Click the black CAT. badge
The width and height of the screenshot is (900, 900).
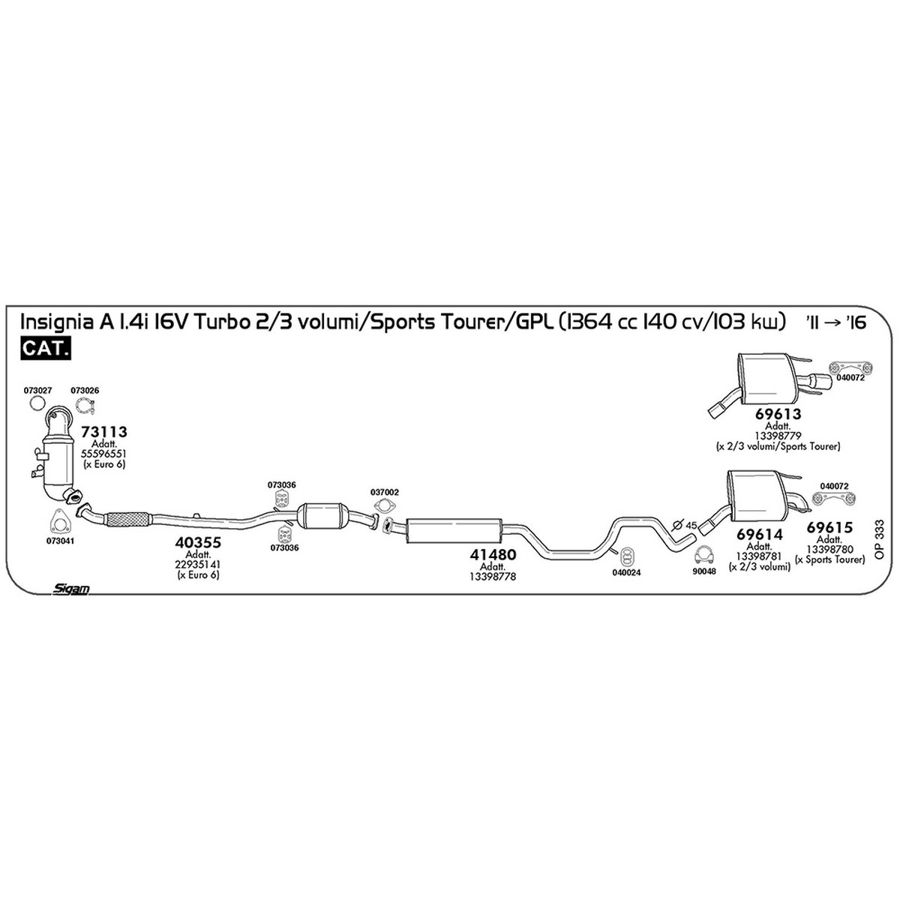click(45, 348)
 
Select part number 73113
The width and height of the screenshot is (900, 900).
click(103, 432)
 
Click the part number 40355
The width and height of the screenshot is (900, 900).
click(198, 543)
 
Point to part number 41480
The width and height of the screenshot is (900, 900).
click(493, 555)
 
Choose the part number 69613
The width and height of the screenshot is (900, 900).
click(778, 414)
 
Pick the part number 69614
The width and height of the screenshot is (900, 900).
click(760, 534)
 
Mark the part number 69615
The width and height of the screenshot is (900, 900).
click(830, 527)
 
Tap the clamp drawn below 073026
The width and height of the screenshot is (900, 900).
click(85, 406)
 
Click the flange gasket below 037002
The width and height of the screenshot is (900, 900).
click(384, 506)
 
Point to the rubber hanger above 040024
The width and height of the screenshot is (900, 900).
click(626, 555)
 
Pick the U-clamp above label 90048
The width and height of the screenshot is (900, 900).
click(704, 556)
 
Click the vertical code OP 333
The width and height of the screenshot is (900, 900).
click(880, 540)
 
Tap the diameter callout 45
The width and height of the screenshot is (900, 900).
click(691, 526)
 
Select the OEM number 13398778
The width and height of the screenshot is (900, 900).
click(493, 577)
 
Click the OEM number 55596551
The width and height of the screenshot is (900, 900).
click(103, 454)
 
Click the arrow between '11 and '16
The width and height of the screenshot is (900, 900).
click(832, 322)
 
